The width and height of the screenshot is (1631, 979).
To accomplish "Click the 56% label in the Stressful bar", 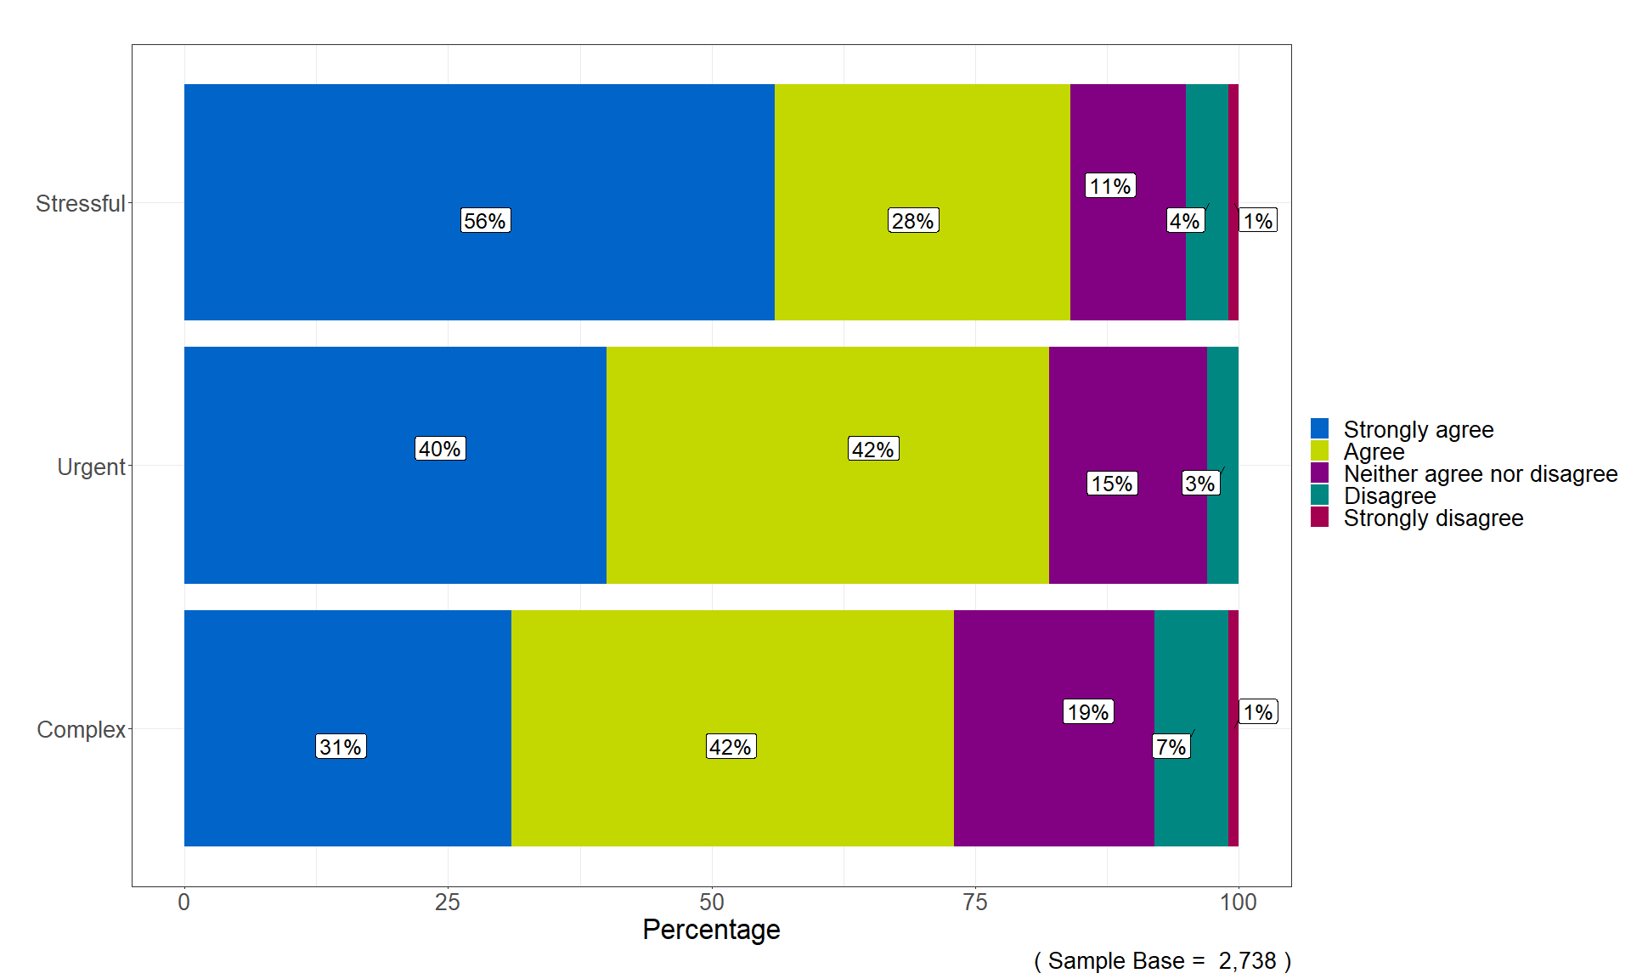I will (485, 221).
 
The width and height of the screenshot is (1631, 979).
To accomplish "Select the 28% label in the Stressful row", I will (913, 221).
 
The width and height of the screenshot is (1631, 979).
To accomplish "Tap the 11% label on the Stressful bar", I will (1110, 186).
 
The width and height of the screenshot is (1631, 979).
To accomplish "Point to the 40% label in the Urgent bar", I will (440, 449).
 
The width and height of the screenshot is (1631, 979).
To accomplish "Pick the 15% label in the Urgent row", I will (1112, 484).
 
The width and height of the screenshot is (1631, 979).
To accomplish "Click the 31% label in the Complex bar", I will (341, 747).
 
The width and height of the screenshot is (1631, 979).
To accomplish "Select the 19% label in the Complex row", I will (1088, 712).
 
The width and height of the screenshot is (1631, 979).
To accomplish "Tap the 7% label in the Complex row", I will (1171, 747).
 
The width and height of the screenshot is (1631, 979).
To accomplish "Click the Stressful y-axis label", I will (80, 204).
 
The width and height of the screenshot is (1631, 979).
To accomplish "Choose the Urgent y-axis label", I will (90, 467).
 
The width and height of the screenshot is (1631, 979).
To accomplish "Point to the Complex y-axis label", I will (81, 730).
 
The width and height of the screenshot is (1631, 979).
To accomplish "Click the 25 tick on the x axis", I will (448, 903).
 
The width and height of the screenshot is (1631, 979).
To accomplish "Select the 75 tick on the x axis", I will (975, 903).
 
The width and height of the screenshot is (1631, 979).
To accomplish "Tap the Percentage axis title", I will (711, 930).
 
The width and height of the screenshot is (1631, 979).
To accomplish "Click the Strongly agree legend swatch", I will (1319, 428).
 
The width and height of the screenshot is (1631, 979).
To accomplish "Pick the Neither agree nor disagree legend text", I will (1480, 474).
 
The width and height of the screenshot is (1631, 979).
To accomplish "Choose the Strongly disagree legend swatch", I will (1319, 518).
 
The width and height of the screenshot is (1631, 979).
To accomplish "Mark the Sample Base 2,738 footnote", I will (1162, 961).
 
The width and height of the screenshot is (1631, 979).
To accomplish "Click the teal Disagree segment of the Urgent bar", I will (1223, 527).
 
